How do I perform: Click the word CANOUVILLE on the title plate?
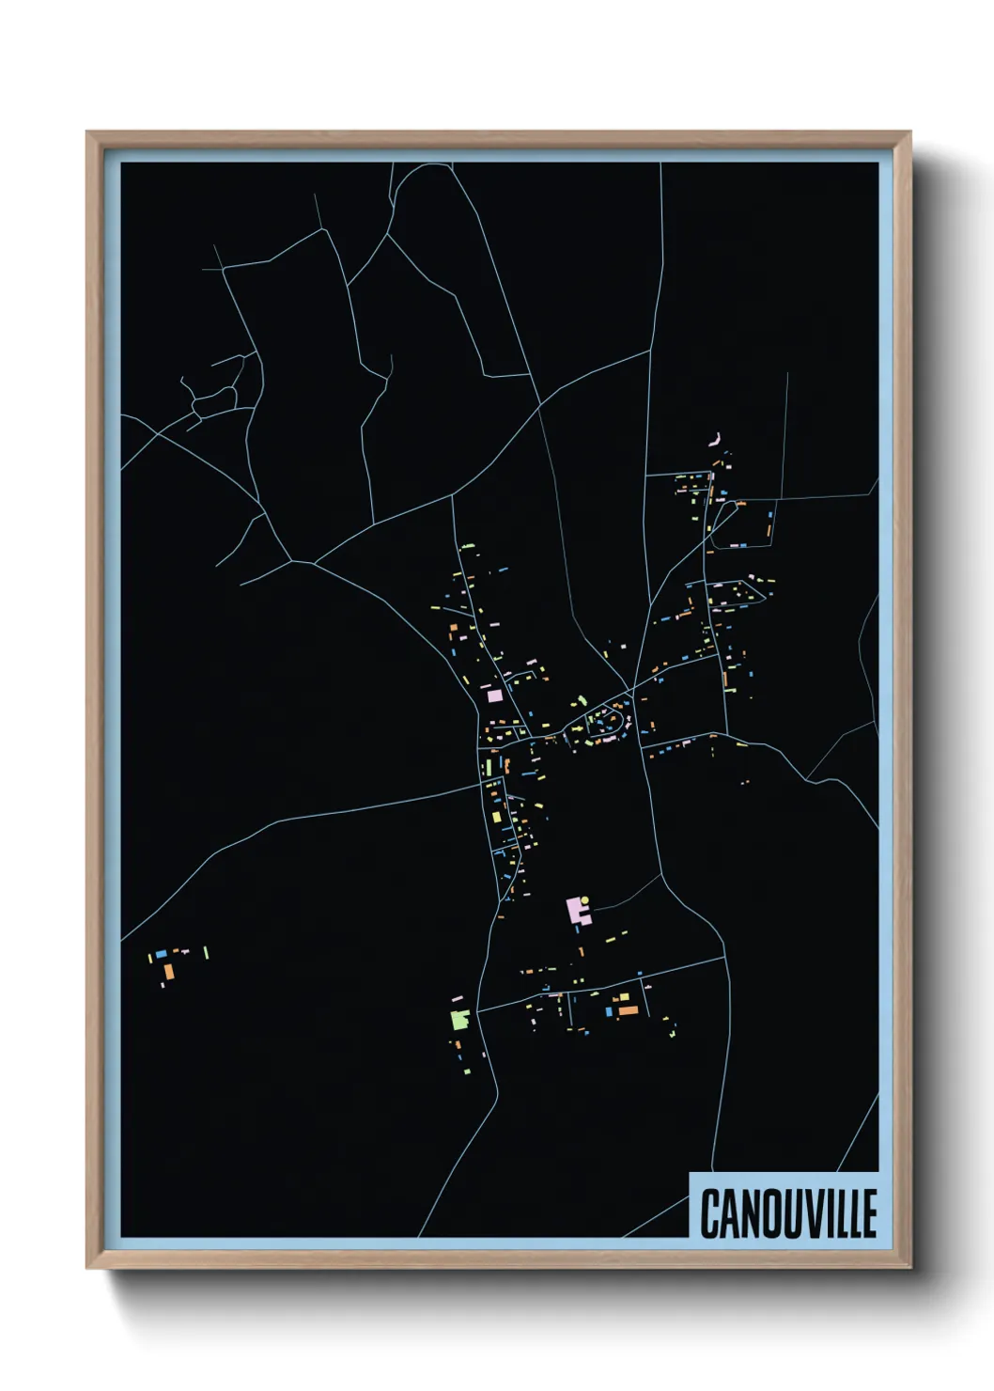(788, 1212)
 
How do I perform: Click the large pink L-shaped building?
(574, 910)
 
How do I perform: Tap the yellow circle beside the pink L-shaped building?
(585, 900)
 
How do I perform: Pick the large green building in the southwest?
(459, 1019)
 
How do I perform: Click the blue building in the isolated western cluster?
(161, 954)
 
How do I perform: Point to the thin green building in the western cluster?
(206, 953)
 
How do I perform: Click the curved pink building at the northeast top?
(715, 440)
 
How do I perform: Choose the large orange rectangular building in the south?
(627, 1010)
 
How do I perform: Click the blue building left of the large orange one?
(609, 1012)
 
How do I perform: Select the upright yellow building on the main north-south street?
(489, 768)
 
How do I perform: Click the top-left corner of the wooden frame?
(87, 133)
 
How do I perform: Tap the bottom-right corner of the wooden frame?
(910, 1268)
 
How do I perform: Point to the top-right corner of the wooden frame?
(910, 133)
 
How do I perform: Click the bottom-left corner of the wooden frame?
(87, 1268)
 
